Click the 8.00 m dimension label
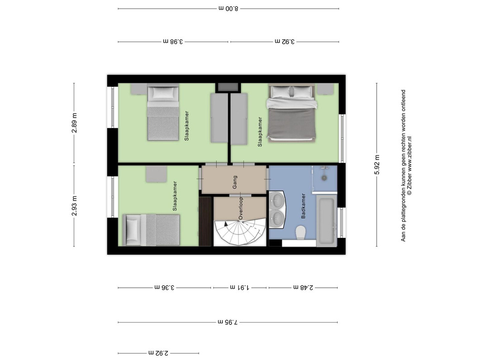(x=229, y=9)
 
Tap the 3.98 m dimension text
(x=173, y=42)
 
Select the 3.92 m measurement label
(x=285, y=42)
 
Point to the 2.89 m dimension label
(x=74, y=123)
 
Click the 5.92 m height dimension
(x=377, y=164)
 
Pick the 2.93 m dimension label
(x=74, y=205)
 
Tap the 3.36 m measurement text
(x=164, y=287)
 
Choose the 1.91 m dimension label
(x=239, y=287)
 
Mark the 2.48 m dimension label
(x=303, y=287)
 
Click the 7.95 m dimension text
(x=228, y=322)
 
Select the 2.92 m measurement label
(x=158, y=353)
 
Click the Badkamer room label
(x=303, y=206)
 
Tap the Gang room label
(x=235, y=182)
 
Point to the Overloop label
(x=240, y=209)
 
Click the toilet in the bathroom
(x=300, y=233)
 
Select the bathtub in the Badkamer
(x=326, y=221)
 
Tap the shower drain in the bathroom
(x=324, y=178)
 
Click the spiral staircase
(x=239, y=232)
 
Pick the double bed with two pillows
(x=292, y=113)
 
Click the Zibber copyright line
(x=409, y=166)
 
